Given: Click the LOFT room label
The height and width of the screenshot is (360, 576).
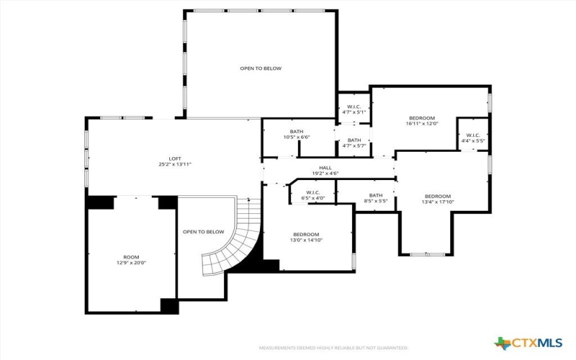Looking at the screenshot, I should tap(175, 161).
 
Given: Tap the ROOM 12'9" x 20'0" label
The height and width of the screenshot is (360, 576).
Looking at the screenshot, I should tap(130, 260).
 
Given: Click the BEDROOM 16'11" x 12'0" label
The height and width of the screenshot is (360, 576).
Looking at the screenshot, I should tap(422, 120).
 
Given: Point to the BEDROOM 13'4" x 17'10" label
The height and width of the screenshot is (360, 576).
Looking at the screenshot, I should tap(437, 199).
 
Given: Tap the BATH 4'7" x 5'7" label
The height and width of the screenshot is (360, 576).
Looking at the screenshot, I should tap(354, 143).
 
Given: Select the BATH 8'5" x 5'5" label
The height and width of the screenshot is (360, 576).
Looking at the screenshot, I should tap(376, 198).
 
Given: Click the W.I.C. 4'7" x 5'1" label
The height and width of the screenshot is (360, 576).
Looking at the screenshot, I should tap(353, 109).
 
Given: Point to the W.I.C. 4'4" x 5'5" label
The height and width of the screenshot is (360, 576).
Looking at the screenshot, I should tap(473, 138).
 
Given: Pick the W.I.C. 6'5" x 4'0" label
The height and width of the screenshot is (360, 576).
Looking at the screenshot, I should tap(312, 195).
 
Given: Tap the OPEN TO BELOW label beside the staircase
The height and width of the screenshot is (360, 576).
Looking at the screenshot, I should tap(203, 232).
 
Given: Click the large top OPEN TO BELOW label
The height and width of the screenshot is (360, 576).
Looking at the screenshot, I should tap(261, 68).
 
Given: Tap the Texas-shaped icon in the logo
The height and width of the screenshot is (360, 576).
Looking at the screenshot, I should tap(502, 343).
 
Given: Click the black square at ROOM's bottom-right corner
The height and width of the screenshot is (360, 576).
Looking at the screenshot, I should tap(169, 306).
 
